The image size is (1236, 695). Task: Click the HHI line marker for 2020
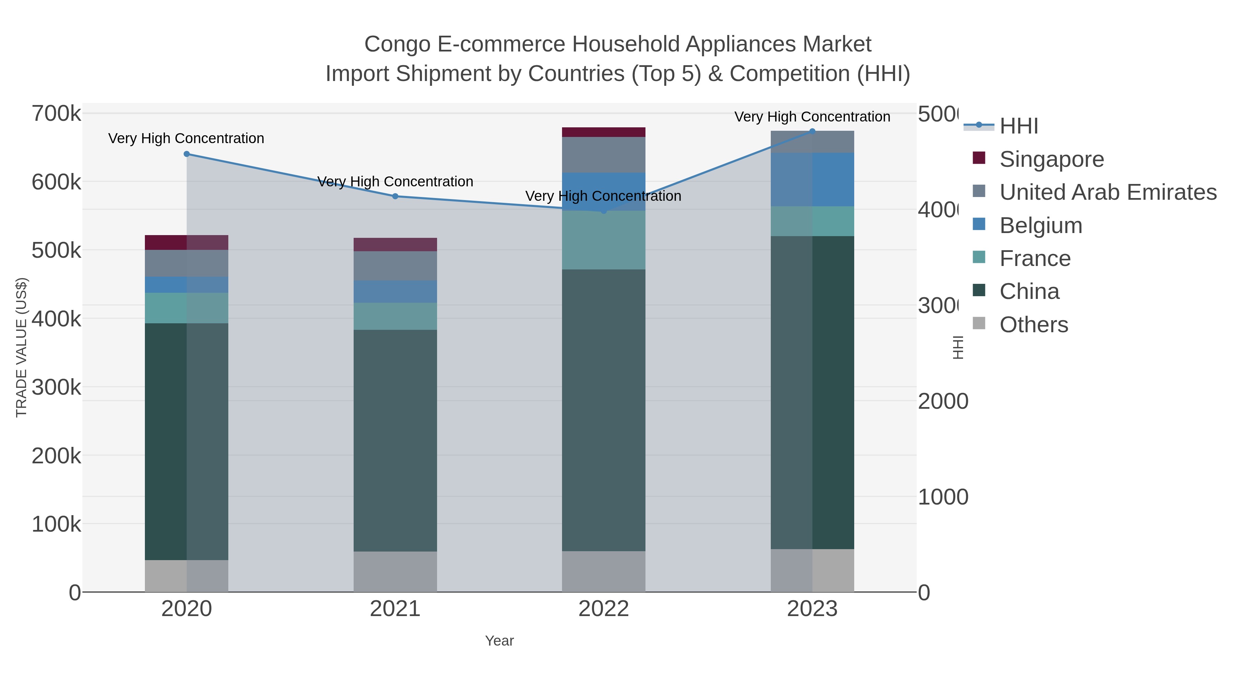click(187, 154)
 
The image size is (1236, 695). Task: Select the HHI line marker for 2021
click(396, 196)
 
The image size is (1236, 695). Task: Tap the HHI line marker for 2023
click(812, 131)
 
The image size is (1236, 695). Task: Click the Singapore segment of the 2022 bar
click(604, 132)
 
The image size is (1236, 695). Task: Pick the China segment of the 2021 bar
click(396, 440)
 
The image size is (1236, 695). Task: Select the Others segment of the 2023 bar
click(812, 570)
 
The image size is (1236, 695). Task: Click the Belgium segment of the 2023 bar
click(812, 179)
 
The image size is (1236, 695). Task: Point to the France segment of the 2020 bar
click(187, 308)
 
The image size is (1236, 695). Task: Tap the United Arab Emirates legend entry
click(1107, 192)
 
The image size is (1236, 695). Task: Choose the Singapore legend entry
click(1051, 159)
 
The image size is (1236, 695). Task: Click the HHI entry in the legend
click(1019, 126)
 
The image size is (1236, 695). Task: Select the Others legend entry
click(1033, 325)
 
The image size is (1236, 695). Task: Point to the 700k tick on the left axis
click(56, 114)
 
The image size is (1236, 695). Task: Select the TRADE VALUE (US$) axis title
click(22, 347)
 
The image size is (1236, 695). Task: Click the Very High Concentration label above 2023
click(812, 117)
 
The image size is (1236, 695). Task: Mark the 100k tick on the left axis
click(56, 524)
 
